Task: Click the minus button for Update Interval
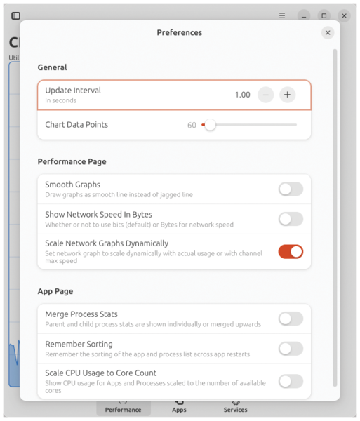[265, 95]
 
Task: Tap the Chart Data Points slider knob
[210, 125]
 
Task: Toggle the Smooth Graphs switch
[291, 189]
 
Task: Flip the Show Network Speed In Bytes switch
[291, 219]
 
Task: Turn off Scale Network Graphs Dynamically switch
[291, 252]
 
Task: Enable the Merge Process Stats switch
[291, 319]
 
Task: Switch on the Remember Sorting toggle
[291, 349]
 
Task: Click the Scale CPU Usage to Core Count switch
[291, 381]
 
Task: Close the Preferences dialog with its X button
[328, 33]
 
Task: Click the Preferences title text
[180, 32]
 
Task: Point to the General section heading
[52, 67]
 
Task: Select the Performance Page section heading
[72, 161]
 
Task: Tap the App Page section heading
[55, 291]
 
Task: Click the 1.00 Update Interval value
[242, 95]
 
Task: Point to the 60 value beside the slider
[192, 125]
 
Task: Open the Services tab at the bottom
[235, 410]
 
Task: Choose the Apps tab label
[179, 410]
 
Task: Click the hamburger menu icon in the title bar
[282, 15]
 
